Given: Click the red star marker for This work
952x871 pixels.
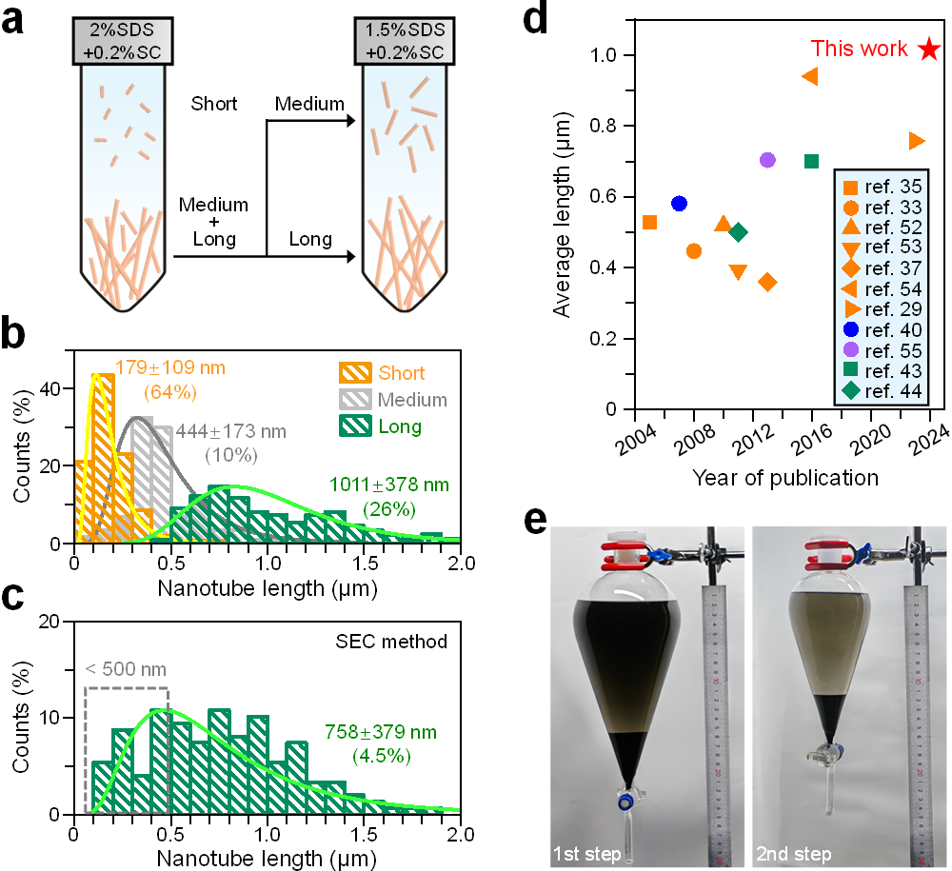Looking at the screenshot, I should [x=929, y=49].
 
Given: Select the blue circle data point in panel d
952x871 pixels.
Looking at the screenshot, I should [x=679, y=204].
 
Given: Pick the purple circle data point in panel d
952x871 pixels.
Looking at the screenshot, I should [x=768, y=160].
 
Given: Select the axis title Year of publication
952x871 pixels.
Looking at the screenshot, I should [x=785, y=475].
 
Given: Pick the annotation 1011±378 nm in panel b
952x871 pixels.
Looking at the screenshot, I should [x=390, y=485].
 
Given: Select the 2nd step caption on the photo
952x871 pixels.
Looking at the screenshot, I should [x=793, y=853].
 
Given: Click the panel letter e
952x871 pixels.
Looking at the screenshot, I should [x=536, y=523].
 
